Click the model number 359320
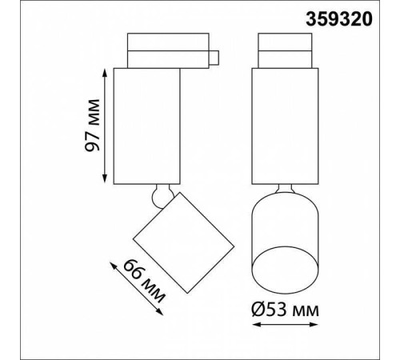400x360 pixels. [338, 19]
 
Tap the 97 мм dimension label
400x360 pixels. [92, 126]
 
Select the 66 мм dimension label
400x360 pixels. [144, 281]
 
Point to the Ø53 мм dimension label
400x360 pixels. [285, 310]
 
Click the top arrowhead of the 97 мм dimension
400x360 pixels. [105, 72]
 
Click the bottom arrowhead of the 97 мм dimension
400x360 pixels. [105, 179]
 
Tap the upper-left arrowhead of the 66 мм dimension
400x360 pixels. [114, 266]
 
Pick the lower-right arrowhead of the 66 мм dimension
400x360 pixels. [159, 312]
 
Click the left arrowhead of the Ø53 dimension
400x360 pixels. [257, 325]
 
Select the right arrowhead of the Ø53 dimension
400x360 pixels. [314, 325]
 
